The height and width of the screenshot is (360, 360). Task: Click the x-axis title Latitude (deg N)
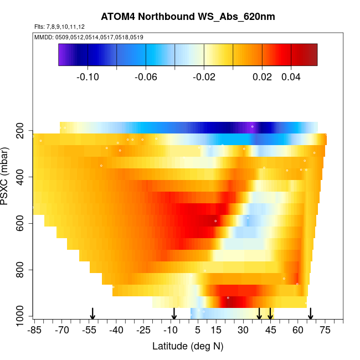[188, 346]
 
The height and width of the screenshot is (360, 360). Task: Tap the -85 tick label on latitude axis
[34, 331]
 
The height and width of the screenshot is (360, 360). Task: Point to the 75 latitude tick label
[325, 331]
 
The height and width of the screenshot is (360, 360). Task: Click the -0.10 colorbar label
[88, 77]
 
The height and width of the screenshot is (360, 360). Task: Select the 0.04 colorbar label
[291, 77]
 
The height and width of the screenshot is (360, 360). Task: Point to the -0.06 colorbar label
[146, 77]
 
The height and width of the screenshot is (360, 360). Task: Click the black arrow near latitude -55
[93, 313]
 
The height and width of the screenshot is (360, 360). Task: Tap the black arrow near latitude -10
[174, 313]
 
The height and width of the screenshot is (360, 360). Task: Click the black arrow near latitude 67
[311, 313]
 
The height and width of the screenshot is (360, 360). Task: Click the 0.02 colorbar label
[262, 77]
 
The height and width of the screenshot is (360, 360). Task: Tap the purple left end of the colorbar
[63, 54]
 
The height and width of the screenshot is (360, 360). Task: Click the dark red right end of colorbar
[313, 54]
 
